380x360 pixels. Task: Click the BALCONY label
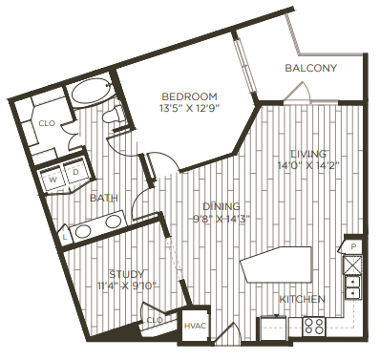coord(310,68)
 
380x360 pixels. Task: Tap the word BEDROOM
coord(189,96)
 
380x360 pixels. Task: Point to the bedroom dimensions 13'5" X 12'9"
coord(189,108)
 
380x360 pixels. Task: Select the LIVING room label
coord(309,153)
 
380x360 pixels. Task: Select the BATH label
coord(103,198)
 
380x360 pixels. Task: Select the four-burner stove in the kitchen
coord(314,326)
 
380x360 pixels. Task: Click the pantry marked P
coord(353,246)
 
